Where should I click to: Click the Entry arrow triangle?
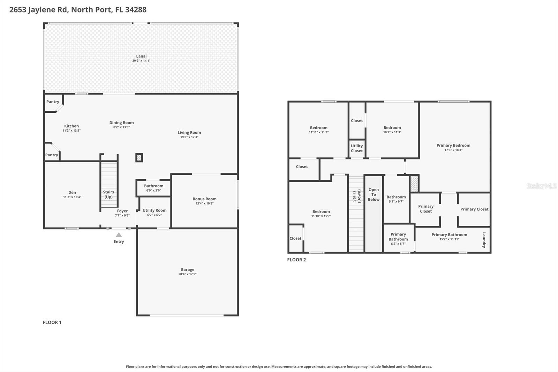point(119,235)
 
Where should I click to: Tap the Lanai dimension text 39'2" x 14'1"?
point(141,61)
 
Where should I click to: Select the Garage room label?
point(187,269)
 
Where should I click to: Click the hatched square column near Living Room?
point(139,158)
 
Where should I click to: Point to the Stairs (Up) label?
point(108,194)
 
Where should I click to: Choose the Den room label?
point(72,192)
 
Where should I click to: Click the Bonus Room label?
point(204,199)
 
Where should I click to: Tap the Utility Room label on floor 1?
point(154,210)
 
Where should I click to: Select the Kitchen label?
point(71,126)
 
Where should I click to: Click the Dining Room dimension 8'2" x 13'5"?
point(121,127)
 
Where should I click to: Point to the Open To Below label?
point(374,195)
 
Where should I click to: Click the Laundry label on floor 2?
point(484,240)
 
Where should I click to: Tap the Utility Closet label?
point(357,148)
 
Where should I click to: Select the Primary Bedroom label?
point(453,145)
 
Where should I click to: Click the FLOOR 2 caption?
point(296,260)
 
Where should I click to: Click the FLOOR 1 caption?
point(52,322)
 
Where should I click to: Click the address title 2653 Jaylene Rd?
point(78,9)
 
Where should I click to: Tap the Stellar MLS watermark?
point(542,186)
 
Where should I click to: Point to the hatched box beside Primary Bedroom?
point(414,184)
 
